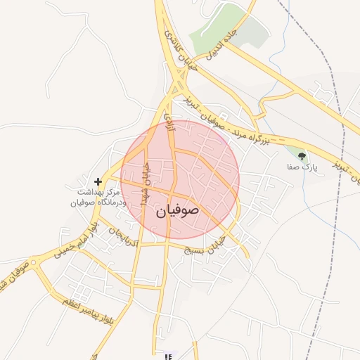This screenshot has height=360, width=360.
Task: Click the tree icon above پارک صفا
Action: [302, 156]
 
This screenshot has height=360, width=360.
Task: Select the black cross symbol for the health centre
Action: [98, 182]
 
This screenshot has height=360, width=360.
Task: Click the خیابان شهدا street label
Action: [146, 184]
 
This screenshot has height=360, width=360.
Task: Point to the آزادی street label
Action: [169, 121]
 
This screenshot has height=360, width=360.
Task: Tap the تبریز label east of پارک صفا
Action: [340, 167]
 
